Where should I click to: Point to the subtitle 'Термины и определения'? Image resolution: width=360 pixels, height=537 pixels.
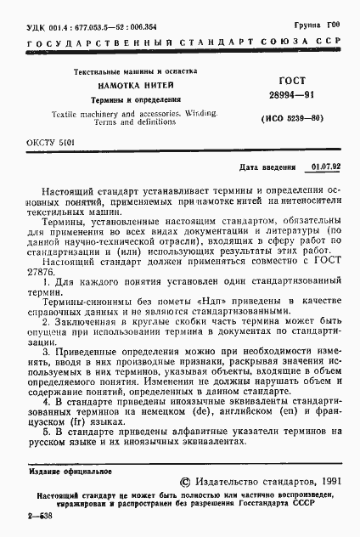pos(137,99)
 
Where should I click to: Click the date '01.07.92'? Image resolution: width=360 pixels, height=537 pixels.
pos(325,167)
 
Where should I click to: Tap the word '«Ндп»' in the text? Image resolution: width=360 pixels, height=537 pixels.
pos(208,299)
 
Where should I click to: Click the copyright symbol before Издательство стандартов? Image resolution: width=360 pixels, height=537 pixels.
pos(174,481)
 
